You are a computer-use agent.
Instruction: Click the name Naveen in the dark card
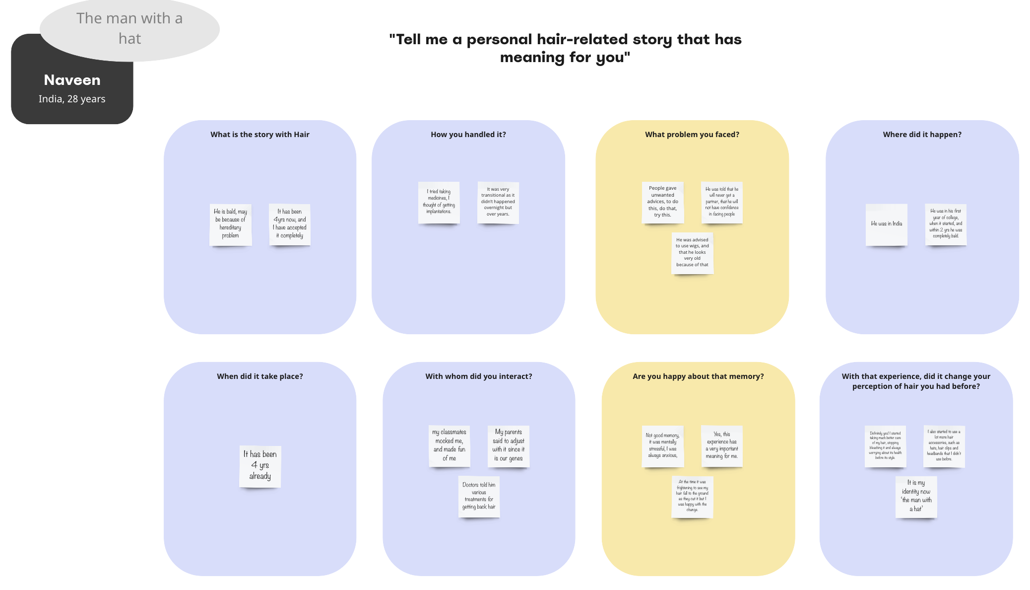coord(72,80)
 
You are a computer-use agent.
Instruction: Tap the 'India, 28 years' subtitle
coord(72,99)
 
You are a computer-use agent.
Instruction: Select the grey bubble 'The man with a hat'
coord(129,29)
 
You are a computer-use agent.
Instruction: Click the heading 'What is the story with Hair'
coord(259,135)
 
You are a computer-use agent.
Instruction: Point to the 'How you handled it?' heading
coord(468,135)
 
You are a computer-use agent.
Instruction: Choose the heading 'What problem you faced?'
coord(692,135)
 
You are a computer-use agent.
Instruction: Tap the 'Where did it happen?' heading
coord(922,135)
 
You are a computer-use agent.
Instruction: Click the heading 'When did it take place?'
coord(259,376)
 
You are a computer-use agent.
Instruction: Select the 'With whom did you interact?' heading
coord(478,376)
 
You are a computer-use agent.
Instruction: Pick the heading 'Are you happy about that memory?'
coord(698,376)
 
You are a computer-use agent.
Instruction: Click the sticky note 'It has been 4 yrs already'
coord(260,466)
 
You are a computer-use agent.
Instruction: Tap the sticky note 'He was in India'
coord(886,224)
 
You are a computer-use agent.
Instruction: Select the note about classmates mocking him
coord(449,445)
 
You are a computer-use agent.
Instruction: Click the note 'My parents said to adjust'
coord(508,445)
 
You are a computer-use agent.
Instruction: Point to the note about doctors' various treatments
coord(479,496)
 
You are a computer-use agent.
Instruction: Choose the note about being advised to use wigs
coord(692,252)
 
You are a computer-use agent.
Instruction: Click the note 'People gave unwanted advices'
coord(662,202)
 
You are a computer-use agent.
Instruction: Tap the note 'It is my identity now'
coord(916,496)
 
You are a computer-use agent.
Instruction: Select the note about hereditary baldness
coord(230,224)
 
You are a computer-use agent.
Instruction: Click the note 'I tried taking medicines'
coord(439,202)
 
